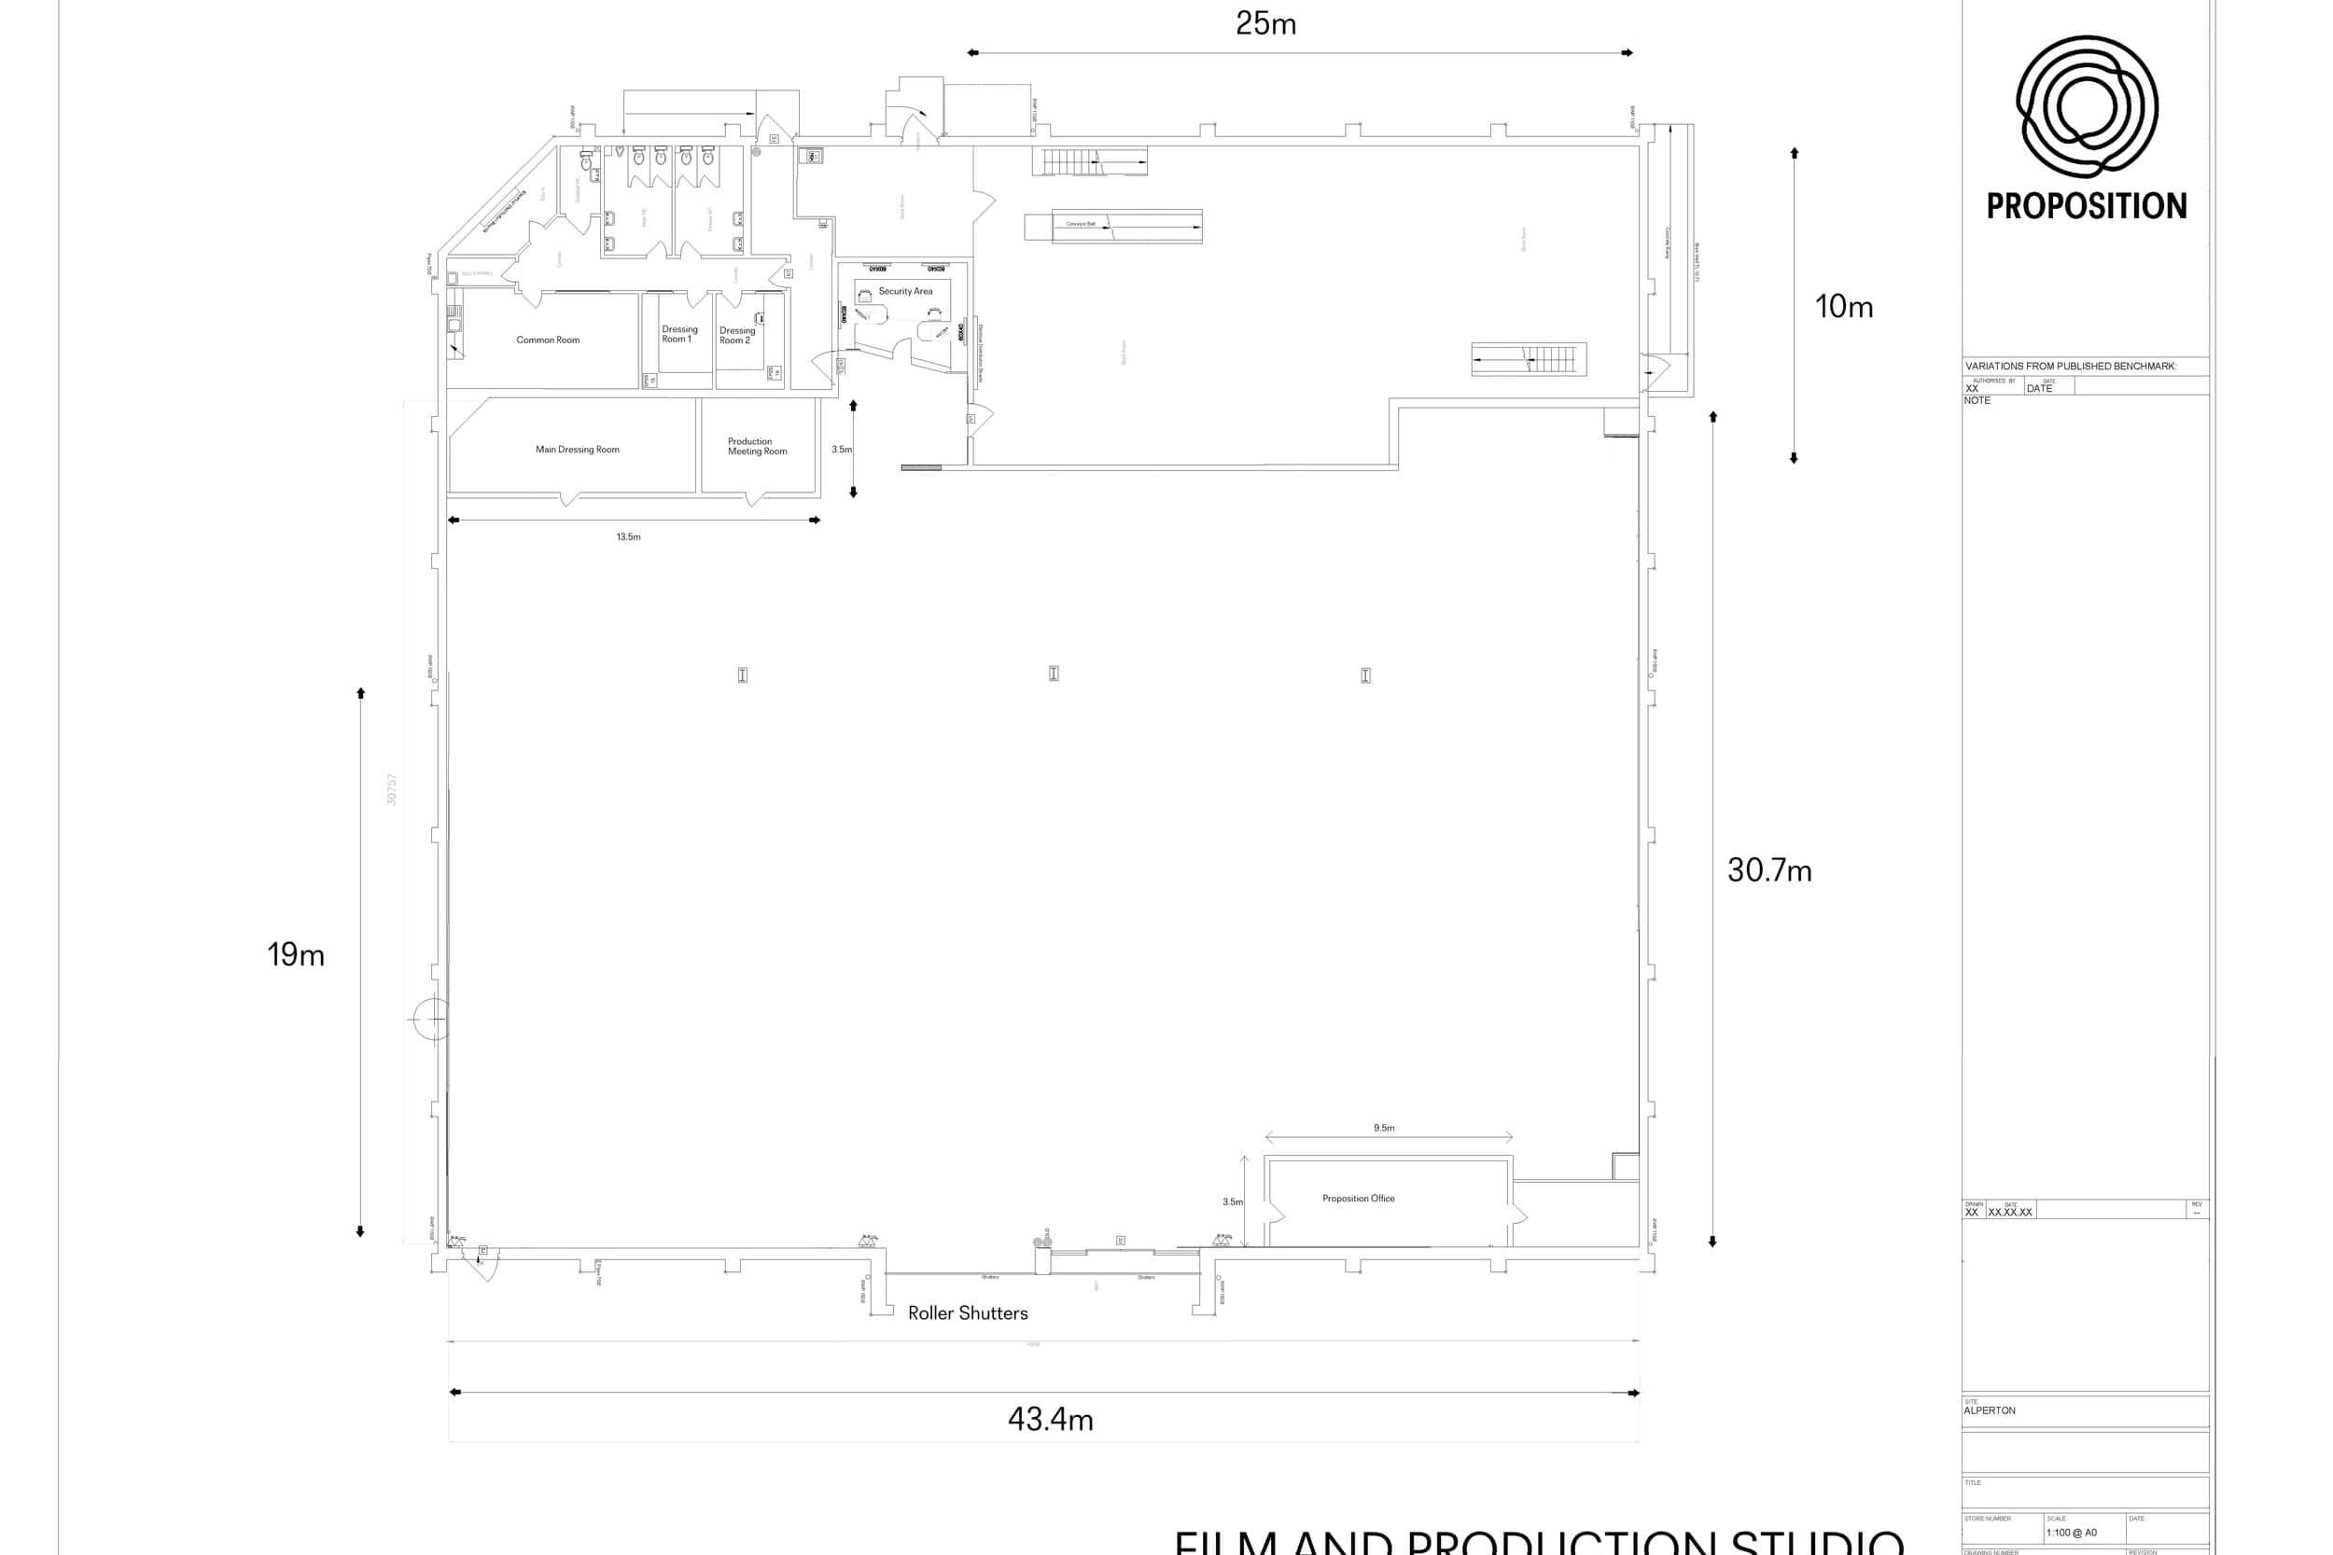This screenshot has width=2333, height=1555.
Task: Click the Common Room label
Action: point(548,340)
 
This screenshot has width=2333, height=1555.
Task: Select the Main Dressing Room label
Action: point(578,450)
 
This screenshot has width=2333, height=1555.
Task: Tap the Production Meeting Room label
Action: point(757,446)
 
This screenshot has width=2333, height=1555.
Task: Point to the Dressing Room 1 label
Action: point(679,334)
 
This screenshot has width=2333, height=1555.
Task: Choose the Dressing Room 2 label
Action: point(737,335)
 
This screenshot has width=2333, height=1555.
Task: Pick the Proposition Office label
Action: point(1358,1199)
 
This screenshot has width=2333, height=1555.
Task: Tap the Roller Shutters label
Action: point(967,1313)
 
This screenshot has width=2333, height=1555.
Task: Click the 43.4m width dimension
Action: point(1051,1420)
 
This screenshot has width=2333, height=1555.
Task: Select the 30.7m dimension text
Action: point(1768,870)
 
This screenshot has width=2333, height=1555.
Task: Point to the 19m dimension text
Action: point(296,955)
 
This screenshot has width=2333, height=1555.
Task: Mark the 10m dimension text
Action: point(1843,308)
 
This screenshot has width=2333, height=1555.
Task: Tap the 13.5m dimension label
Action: point(628,537)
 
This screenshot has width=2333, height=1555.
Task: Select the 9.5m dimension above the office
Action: point(1384,1128)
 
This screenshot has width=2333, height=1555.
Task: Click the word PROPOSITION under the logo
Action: point(2086,206)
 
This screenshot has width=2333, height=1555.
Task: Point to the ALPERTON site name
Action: point(1989,1410)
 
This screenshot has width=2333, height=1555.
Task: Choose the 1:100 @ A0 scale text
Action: point(2071,1533)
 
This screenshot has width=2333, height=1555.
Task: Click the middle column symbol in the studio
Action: point(1054,673)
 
